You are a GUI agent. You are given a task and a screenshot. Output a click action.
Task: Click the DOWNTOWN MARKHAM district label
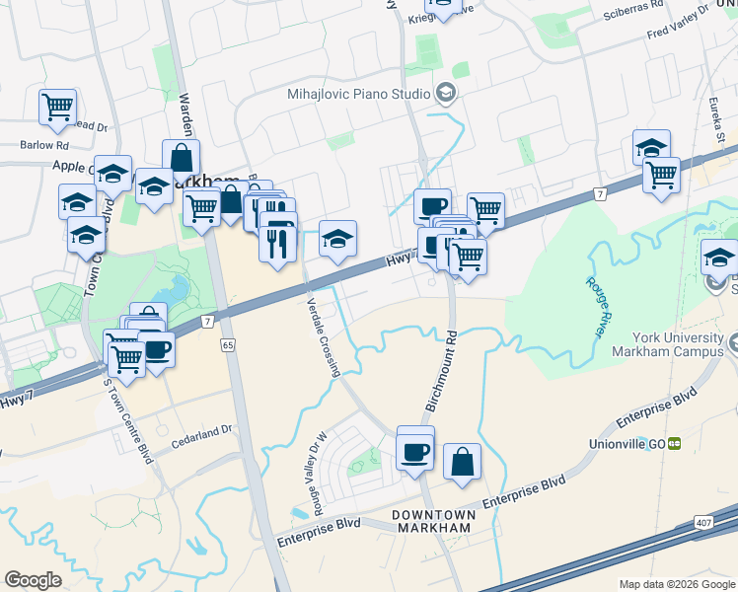(434, 522)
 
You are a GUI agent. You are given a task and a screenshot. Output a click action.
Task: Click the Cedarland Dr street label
(198, 429)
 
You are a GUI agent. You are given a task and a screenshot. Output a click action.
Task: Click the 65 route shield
(228, 345)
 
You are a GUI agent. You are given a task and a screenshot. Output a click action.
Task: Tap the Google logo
(33, 580)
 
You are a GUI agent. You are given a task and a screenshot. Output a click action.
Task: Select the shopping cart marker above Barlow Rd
(58, 107)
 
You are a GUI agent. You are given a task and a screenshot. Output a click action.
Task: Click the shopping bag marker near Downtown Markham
(462, 462)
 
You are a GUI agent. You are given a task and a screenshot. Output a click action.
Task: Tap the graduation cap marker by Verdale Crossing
(337, 239)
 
